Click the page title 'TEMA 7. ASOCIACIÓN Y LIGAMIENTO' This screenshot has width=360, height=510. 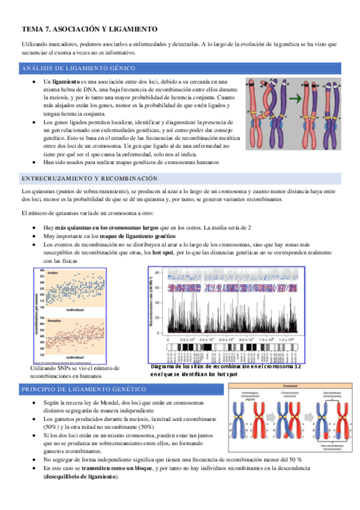coord(89,28)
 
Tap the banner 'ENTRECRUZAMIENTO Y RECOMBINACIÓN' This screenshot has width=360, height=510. coord(89,179)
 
